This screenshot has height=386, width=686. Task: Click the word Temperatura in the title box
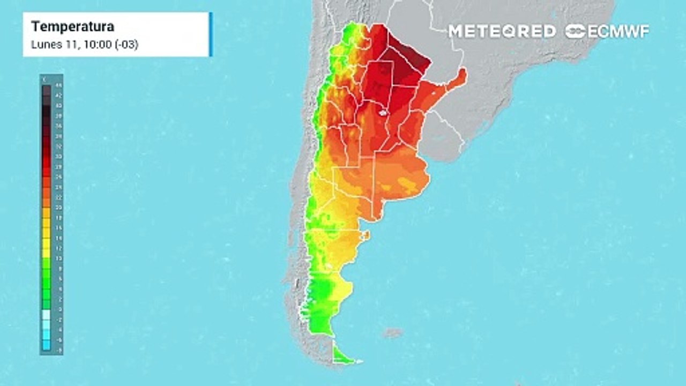[72, 27]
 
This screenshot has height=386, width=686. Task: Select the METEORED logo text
[502, 31]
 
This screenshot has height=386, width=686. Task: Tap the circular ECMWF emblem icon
[576, 31]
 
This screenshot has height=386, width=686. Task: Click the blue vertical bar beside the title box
[211, 34]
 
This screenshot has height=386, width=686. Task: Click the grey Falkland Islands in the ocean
[393, 333]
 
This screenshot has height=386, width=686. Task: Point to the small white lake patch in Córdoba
[383, 113]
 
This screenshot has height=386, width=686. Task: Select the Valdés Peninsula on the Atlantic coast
[366, 235]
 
